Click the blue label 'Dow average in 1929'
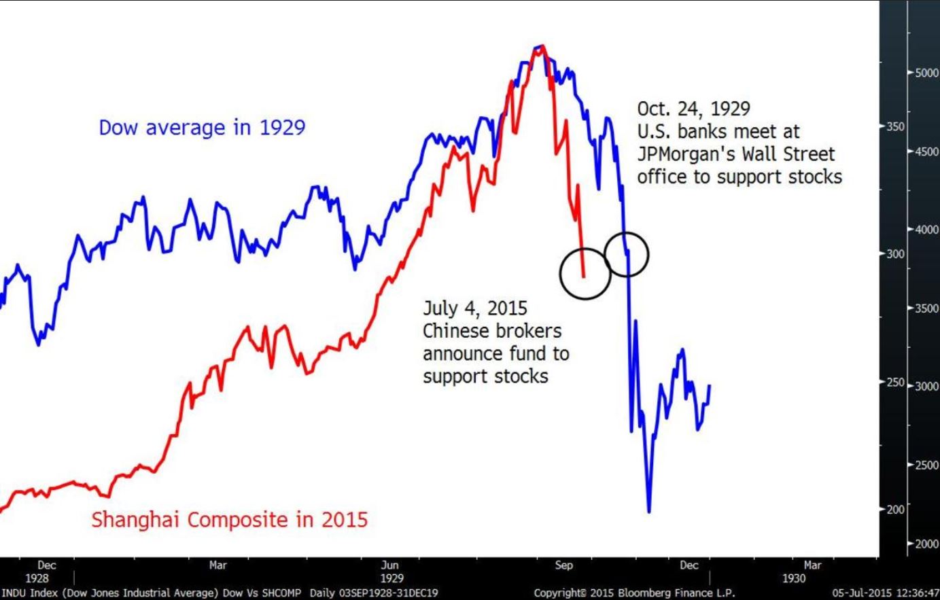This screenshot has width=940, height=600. pyautogui.click(x=202, y=128)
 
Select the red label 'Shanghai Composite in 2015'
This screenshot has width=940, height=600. pyautogui.click(x=229, y=520)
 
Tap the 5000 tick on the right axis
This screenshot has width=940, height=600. pyautogui.click(x=926, y=73)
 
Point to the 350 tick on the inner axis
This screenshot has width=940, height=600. pyautogui.click(x=896, y=127)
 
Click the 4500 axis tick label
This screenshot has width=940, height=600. pyautogui.click(x=926, y=152)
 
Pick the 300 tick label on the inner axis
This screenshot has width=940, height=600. pyautogui.click(x=896, y=254)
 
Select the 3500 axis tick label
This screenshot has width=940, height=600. pyautogui.click(x=926, y=308)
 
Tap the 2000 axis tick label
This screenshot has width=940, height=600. pyautogui.click(x=926, y=544)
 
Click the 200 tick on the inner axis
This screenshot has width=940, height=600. pyautogui.click(x=896, y=510)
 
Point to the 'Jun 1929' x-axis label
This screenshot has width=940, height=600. pyautogui.click(x=391, y=571)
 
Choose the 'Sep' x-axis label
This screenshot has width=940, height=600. pyautogui.click(x=563, y=565)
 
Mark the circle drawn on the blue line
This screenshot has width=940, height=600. pyautogui.click(x=626, y=254)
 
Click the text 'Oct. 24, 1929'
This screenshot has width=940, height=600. pyautogui.click(x=693, y=109)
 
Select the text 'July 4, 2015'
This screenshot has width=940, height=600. pyautogui.click(x=474, y=308)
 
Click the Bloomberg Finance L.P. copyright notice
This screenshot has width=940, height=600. pyautogui.click(x=634, y=593)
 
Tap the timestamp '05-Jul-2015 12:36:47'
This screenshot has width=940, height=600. pyautogui.click(x=885, y=593)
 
